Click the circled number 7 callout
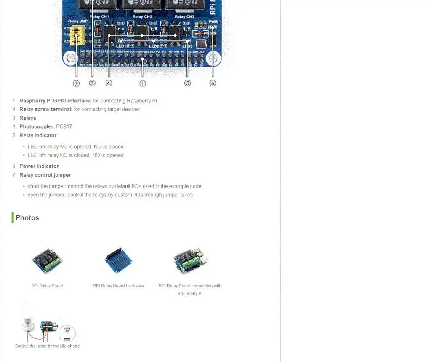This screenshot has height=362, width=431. pos(76,83)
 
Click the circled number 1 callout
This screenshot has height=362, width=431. pos(143,83)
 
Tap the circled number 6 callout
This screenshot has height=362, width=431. pos(213,83)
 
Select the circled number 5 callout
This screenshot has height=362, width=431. pos(187,83)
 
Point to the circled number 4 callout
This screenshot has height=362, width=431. pos(109,83)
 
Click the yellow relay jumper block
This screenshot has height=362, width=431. pos(77,35)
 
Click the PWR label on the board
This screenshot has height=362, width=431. pos(213,21)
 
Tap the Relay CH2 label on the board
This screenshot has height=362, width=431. pos(142,17)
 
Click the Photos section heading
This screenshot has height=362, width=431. pos(27,218)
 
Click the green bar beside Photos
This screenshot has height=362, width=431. pos(13,218)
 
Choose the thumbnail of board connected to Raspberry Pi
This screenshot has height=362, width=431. pos(190,260)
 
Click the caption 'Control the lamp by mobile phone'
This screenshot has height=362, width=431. pos(47,346)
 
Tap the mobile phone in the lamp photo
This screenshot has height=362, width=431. pos(67,333)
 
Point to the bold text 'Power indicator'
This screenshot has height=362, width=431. pos(39,166)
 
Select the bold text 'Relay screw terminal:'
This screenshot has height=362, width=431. pos(46,109)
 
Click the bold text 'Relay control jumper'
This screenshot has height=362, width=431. pos(45,175)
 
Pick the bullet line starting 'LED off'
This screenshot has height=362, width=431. pos(76,155)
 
